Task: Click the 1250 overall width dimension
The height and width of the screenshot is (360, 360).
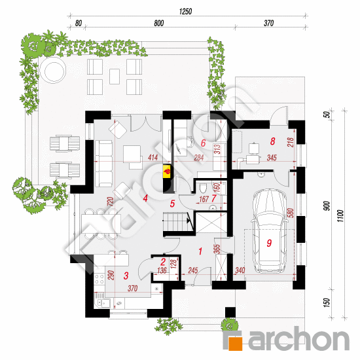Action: pyautogui.click(x=185, y=12)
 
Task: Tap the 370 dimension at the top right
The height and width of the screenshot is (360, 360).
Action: pyautogui.click(x=268, y=23)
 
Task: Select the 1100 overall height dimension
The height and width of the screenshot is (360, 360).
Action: pyautogui.click(x=341, y=215)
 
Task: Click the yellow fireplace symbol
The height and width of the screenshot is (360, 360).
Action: pyautogui.click(x=167, y=171)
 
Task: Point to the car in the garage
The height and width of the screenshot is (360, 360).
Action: pyautogui.click(x=270, y=231)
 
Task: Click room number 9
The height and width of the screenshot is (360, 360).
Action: pyautogui.click(x=269, y=243)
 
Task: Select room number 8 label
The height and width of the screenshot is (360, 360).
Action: pyautogui.click(x=272, y=141)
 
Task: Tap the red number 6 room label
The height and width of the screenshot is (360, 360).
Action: pyautogui.click(x=203, y=143)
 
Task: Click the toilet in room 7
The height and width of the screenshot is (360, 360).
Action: pyautogui.click(x=203, y=189)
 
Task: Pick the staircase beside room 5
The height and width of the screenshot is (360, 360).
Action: pyautogui.click(x=176, y=222)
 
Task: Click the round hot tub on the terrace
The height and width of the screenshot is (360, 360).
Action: pyautogui.click(x=53, y=71)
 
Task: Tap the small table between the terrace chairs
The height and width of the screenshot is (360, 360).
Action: pyautogui.click(x=115, y=77)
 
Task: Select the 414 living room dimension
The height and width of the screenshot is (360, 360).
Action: pyautogui.click(x=153, y=158)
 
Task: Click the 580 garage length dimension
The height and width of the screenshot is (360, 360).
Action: pyautogui.click(x=291, y=213)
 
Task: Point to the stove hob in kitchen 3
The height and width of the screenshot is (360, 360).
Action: pyautogui.click(x=99, y=279)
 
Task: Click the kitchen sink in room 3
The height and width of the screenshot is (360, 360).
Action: pyautogui.click(x=102, y=302)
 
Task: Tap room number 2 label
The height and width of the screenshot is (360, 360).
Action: pyautogui.click(x=163, y=262)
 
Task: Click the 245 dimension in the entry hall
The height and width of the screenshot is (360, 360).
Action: pyautogui.click(x=193, y=270)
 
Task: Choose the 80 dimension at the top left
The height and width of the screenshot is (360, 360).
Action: pyautogui.click(x=79, y=24)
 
